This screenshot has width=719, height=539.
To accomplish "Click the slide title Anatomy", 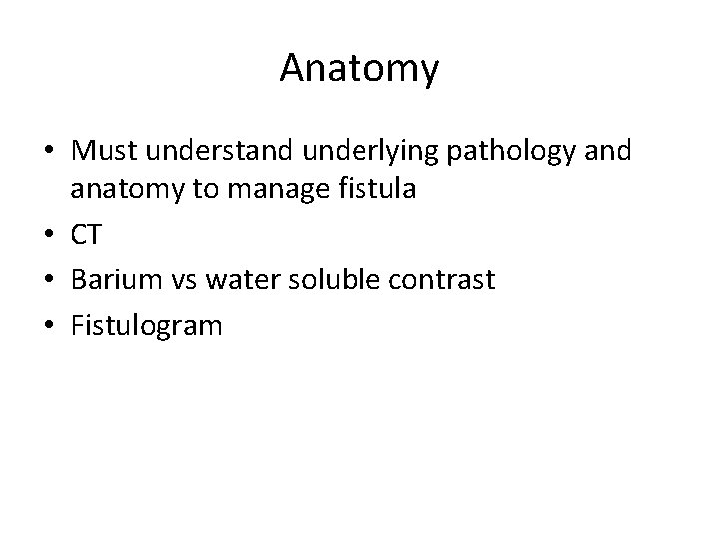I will [x=359, y=69].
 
